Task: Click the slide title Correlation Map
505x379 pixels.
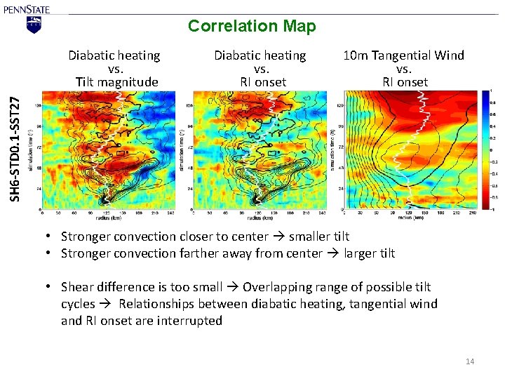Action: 252,27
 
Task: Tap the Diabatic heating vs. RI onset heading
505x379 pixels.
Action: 260,68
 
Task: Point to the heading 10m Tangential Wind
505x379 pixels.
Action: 403,55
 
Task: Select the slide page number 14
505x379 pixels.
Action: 469,361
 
